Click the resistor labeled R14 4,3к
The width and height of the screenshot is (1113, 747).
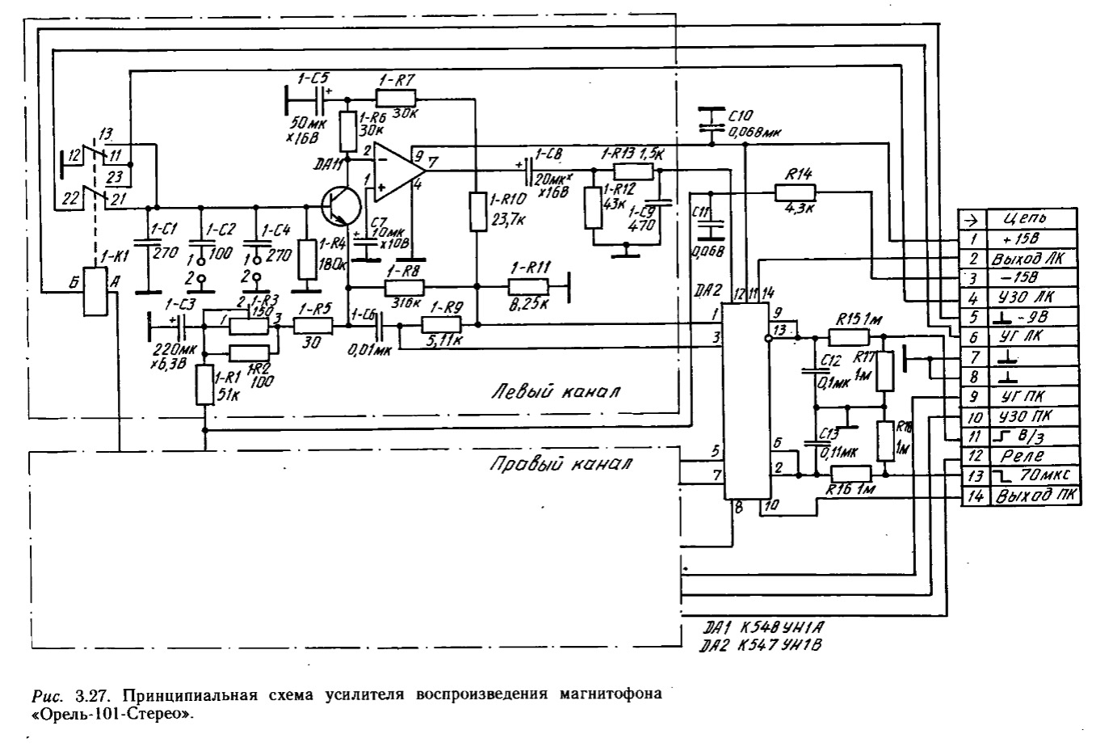pyautogui.click(x=796, y=192)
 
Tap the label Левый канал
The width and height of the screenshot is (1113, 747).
pyautogui.click(x=556, y=393)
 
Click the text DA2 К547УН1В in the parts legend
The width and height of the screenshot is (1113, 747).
pyautogui.click(x=763, y=646)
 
